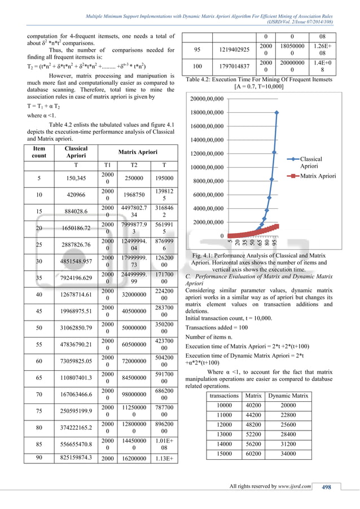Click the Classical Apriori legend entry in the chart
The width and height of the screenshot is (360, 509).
(x=311, y=163)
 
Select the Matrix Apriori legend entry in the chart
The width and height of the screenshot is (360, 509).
(x=317, y=176)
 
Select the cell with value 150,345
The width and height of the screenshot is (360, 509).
(x=72, y=178)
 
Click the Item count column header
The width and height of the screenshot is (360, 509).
(x=39, y=151)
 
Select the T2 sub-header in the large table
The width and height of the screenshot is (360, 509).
(x=135, y=165)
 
